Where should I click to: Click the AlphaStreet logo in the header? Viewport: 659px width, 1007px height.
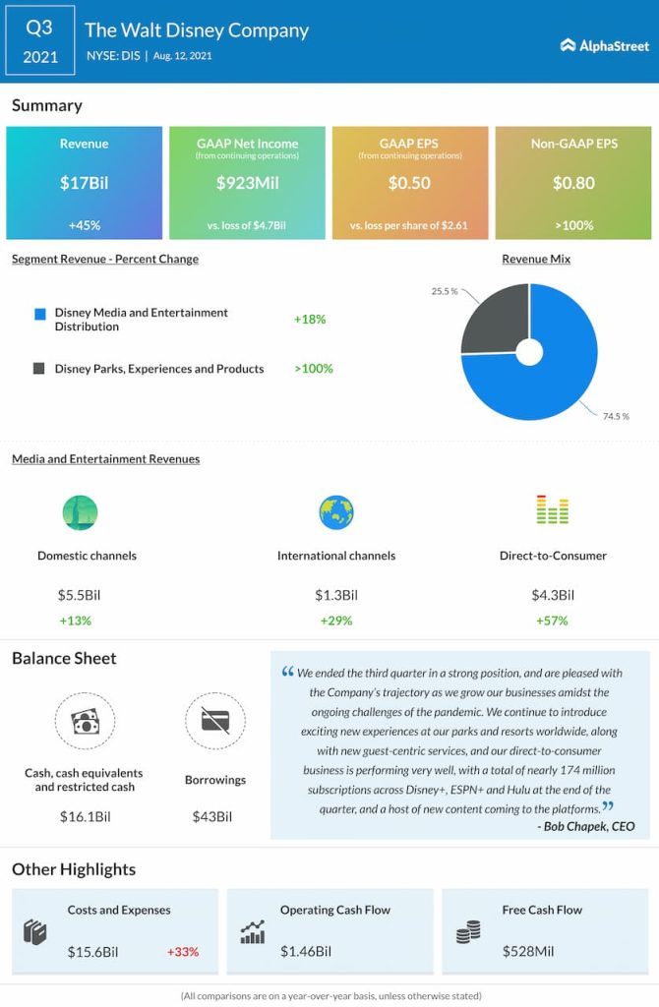tap(604, 45)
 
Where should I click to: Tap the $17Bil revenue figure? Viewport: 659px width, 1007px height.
tap(84, 182)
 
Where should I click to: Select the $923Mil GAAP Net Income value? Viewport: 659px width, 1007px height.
tap(247, 182)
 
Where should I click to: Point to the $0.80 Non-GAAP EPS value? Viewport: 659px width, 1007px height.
tap(572, 182)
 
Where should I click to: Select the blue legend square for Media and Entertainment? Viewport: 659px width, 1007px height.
tap(39, 314)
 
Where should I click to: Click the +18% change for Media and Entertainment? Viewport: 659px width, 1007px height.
tap(309, 320)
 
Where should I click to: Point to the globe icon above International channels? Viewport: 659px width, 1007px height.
tap(335, 512)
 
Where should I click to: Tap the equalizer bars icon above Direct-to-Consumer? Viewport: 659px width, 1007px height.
tap(552, 510)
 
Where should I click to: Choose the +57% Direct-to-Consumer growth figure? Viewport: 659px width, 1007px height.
tap(552, 621)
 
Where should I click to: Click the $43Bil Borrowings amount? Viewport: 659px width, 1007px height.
tap(215, 817)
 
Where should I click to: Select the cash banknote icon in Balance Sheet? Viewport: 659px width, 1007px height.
tap(84, 723)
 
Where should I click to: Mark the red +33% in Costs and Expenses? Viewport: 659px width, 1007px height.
tap(183, 952)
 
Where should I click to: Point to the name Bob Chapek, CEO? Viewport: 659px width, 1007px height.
tap(586, 826)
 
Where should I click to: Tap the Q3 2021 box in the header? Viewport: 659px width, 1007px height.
tap(39, 40)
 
